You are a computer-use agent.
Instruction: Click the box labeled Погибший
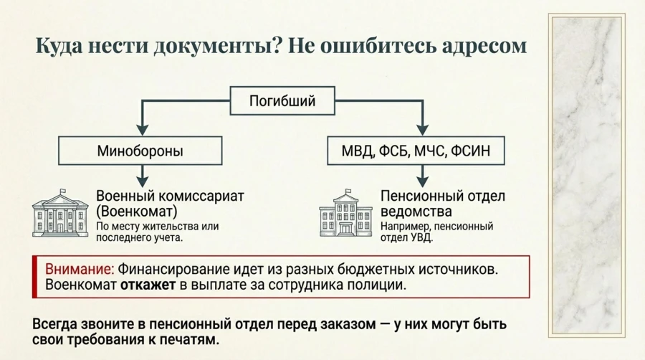coord(282,101)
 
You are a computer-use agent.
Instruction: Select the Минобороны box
coord(140,151)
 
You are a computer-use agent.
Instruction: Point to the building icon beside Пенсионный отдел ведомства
coord(345,213)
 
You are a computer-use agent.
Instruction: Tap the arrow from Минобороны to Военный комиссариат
coord(143,175)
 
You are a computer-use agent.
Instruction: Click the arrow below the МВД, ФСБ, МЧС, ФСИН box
coord(422,175)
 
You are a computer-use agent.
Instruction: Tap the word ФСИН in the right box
coord(474,151)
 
